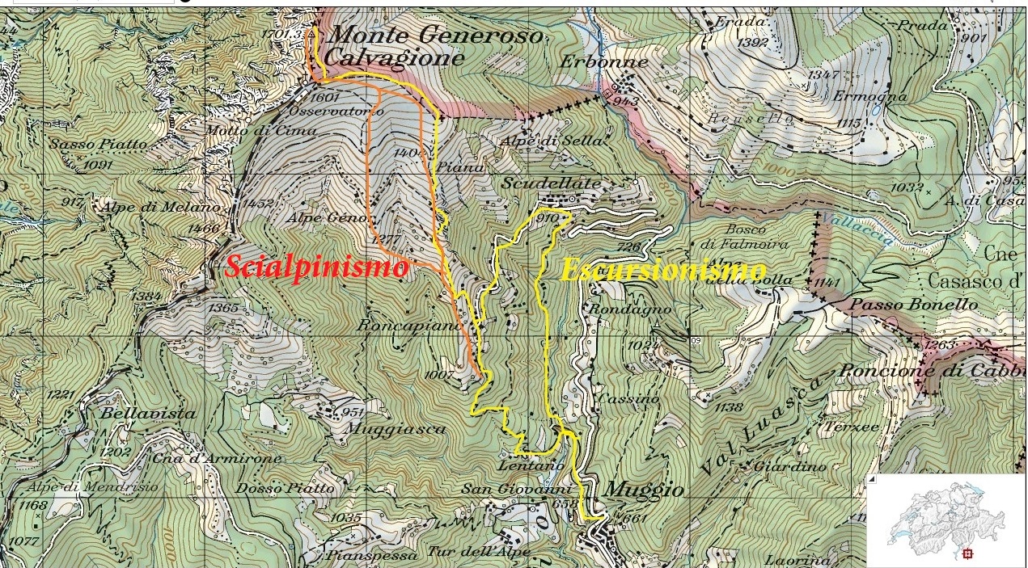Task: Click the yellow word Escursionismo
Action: tap(663, 271)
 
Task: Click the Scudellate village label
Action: tap(552, 183)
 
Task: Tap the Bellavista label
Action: tap(149, 413)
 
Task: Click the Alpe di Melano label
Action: tap(160, 207)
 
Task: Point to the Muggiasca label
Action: tap(395, 429)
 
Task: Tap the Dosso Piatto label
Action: tap(284, 488)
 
